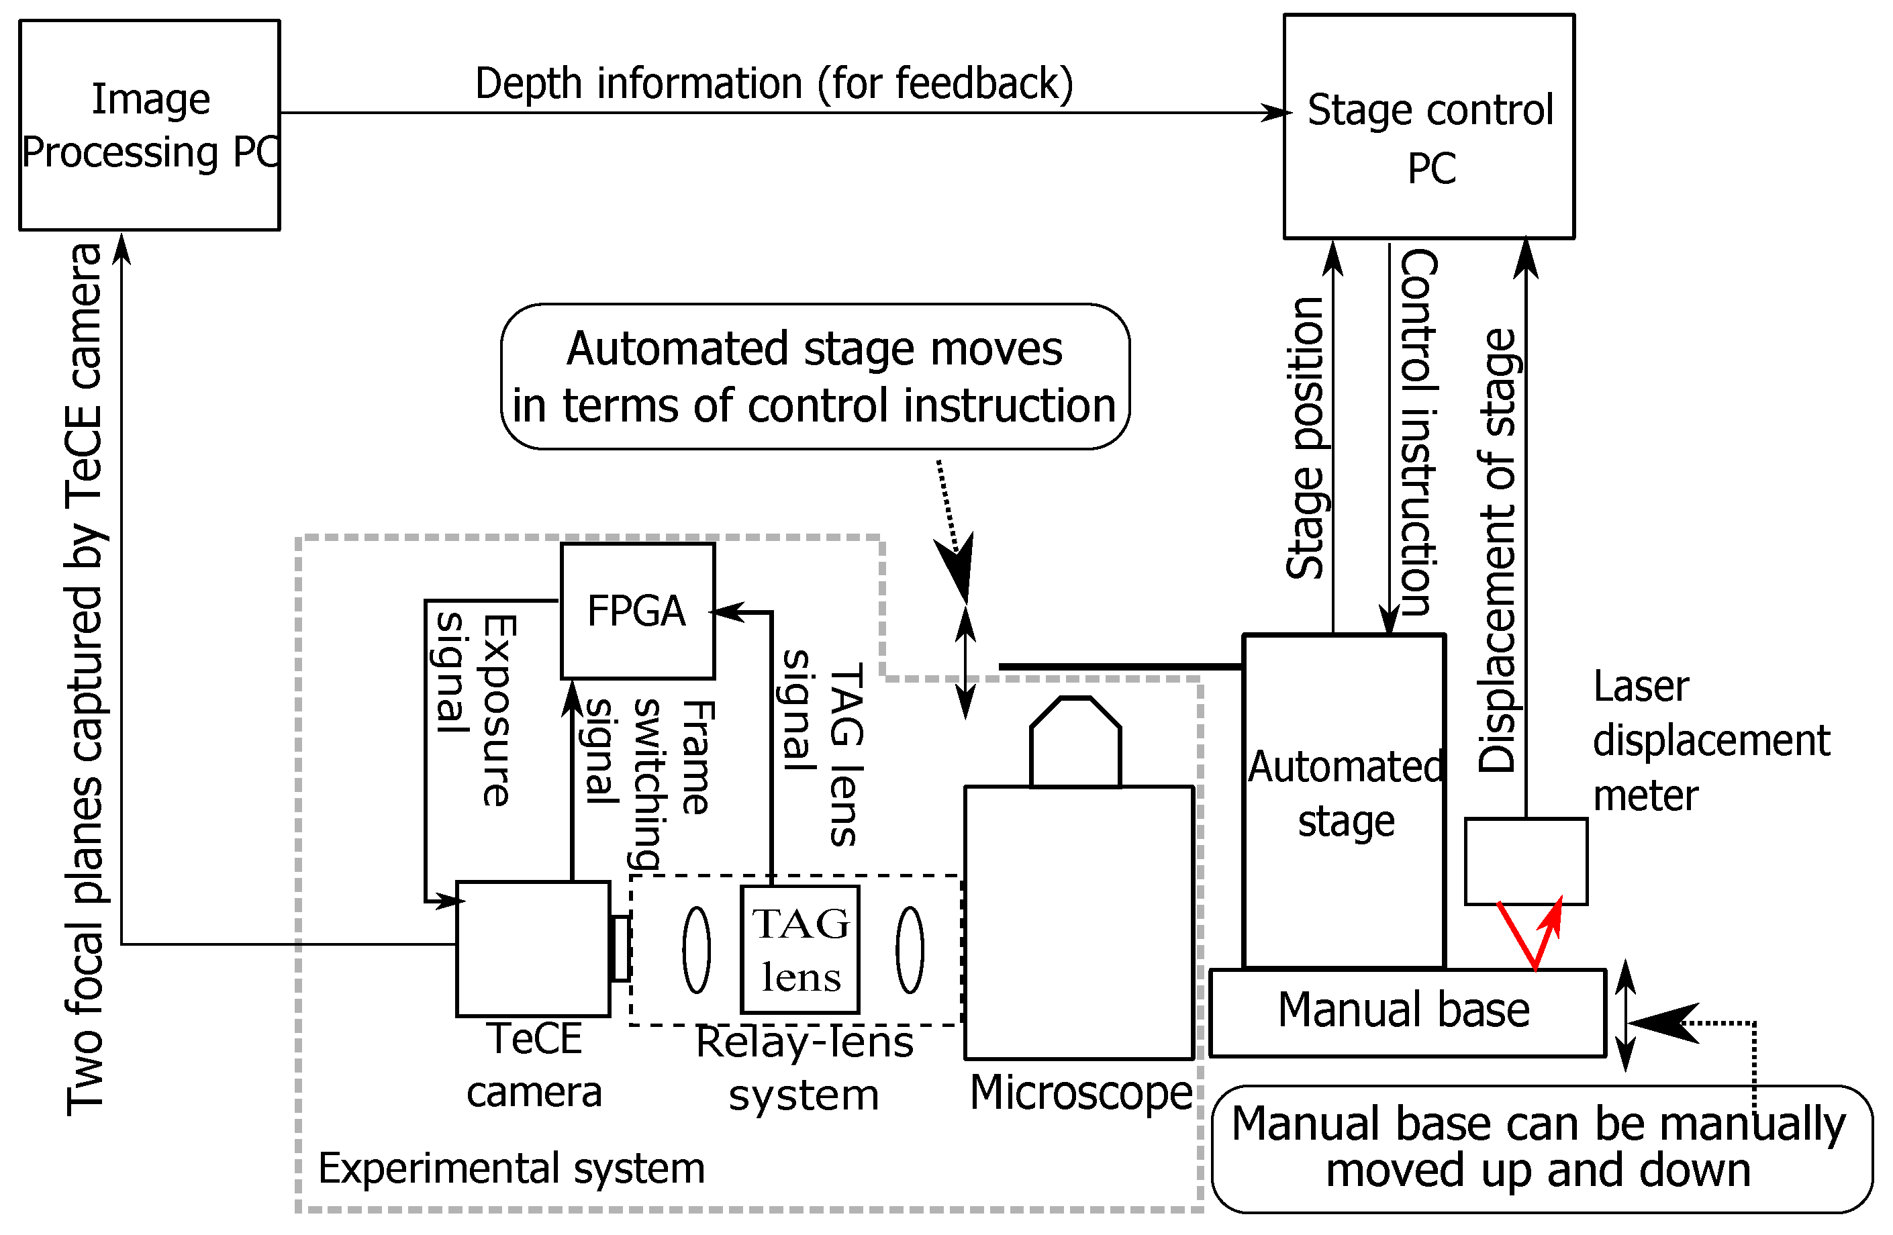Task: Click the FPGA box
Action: click(x=637, y=611)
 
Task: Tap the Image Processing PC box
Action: click(x=150, y=126)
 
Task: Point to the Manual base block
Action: click(x=1406, y=1011)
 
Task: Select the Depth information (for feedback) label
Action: click(x=773, y=83)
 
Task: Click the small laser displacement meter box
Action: click(x=1526, y=861)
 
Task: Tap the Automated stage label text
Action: click(x=1346, y=793)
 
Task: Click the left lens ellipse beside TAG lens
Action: click(x=696, y=950)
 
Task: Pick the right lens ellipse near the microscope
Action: click(x=910, y=950)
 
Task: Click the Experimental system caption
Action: click(x=512, y=1168)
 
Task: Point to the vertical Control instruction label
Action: click(x=1418, y=434)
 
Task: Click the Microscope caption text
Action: click(x=1081, y=1093)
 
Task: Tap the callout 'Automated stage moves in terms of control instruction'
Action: click(x=814, y=377)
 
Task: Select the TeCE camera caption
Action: click(x=534, y=1066)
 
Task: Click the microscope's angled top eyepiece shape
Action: click(x=1075, y=743)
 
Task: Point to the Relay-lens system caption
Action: click(x=804, y=1068)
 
